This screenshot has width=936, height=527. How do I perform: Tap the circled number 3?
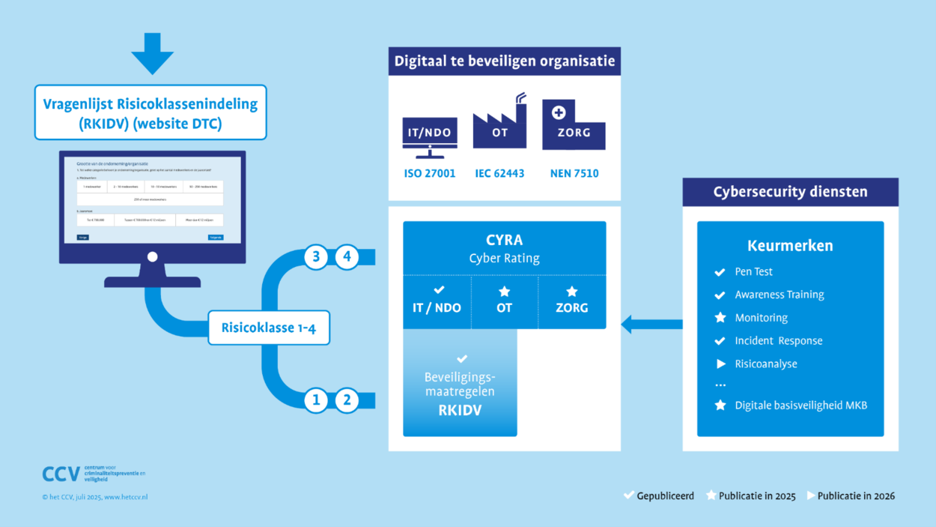point(316,257)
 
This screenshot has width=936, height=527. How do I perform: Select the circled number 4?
point(347,257)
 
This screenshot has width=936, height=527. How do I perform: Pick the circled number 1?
point(316,400)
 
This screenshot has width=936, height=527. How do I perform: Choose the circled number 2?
point(347,400)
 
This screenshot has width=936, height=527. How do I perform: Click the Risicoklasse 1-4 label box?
point(269,328)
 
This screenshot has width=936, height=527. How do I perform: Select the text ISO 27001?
point(430,174)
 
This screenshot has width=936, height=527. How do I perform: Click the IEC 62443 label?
point(499,174)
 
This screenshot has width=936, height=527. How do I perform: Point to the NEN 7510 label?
point(574,174)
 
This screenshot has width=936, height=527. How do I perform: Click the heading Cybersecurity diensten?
point(790,192)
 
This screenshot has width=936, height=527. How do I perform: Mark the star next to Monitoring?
point(720,318)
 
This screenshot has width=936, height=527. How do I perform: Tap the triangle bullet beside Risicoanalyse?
point(721,364)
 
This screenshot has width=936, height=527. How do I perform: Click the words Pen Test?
point(753,271)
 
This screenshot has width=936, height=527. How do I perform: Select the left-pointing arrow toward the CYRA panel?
point(651,325)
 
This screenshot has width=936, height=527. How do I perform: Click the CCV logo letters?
point(61,475)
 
